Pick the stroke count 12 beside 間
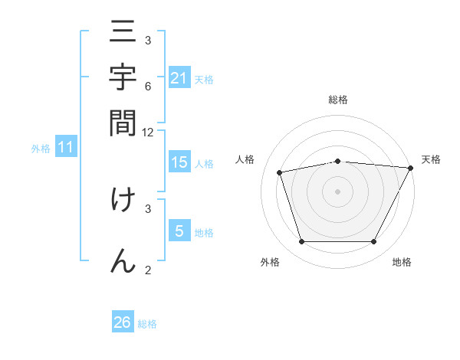click(148, 132)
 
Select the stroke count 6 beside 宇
click(148, 87)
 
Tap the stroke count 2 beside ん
click(148, 269)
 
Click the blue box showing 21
click(179, 77)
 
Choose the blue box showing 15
click(179, 162)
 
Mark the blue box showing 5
click(179, 231)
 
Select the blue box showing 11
click(66, 147)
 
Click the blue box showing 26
click(123, 322)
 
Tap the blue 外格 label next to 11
click(40, 149)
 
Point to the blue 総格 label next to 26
click(147, 324)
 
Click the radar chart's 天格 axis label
click(431, 159)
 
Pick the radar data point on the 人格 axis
click(280, 172)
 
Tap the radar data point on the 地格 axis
click(373, 242)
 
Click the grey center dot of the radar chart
click(337, 191)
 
